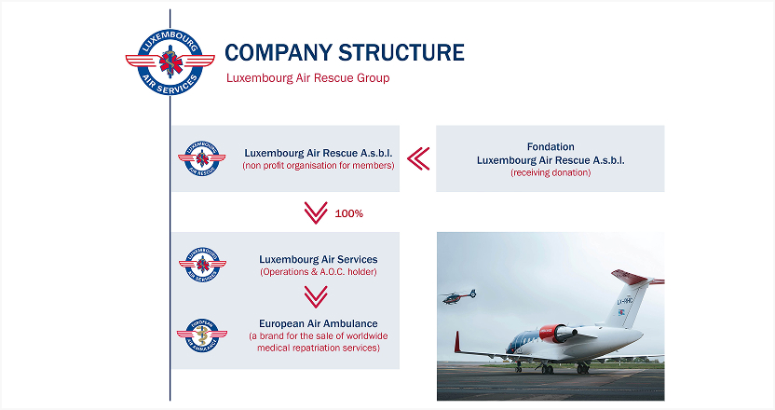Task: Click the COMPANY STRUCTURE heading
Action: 345,52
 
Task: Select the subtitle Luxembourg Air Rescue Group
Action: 307,78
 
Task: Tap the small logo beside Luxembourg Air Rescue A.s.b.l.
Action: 201,158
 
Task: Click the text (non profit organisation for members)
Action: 318,166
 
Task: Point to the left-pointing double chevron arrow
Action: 418,158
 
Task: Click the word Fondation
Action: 551,146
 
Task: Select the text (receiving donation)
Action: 551,173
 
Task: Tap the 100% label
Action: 348,213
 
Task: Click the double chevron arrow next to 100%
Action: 316,213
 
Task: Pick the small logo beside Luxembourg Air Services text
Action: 201,265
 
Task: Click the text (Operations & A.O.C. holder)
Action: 318,272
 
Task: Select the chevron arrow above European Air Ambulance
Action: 317,297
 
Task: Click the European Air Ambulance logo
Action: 201,335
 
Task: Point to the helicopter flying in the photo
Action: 457,295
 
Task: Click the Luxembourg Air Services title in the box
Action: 318,259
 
